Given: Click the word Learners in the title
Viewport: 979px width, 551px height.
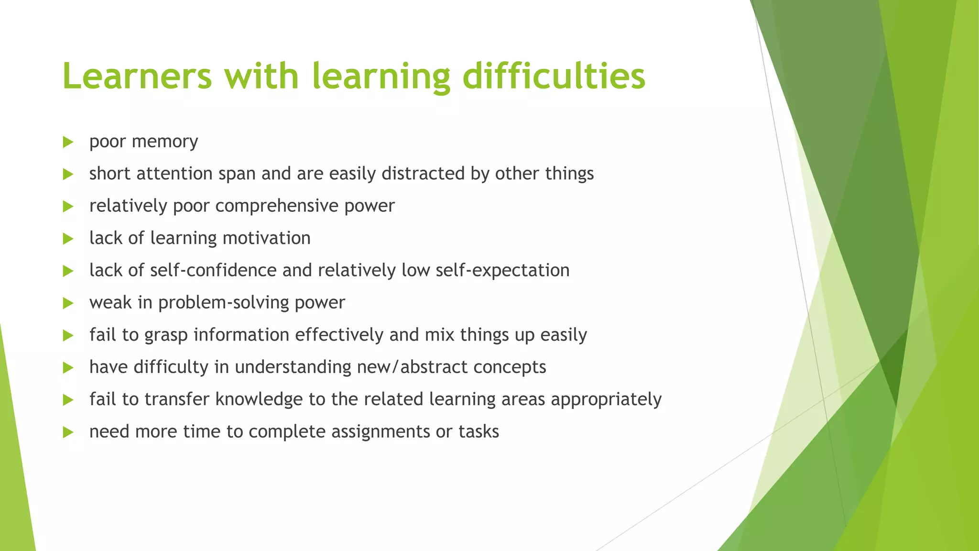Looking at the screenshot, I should tap(137, 77).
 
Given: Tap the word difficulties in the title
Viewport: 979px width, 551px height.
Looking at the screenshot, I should tap(554, 77).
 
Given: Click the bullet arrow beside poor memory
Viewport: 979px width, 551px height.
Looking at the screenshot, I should tap(68, 142).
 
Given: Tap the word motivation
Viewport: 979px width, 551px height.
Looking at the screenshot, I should tap(266, 238).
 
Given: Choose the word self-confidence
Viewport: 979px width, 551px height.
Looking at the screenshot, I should tap(213, 270).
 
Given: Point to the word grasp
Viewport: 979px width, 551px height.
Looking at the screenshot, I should tap(166, 335).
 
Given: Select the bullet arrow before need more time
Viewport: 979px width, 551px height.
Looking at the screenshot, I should tap(68, 432).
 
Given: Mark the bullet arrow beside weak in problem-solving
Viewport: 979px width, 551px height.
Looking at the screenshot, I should tap(68, 303).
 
